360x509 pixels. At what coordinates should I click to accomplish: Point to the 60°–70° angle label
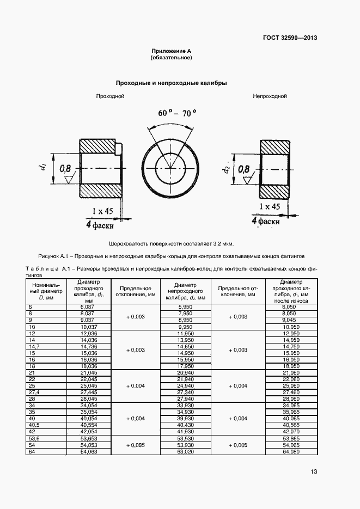tap(177, 113)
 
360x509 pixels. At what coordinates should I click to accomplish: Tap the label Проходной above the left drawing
tap(111, 96)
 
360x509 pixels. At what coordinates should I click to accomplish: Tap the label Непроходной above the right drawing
tap(269, 96)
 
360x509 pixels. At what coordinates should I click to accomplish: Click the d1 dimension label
tap(42, 169)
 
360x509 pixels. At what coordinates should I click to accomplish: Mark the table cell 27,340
tap(186, 391)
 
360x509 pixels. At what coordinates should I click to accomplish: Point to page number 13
tap(314, 471)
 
